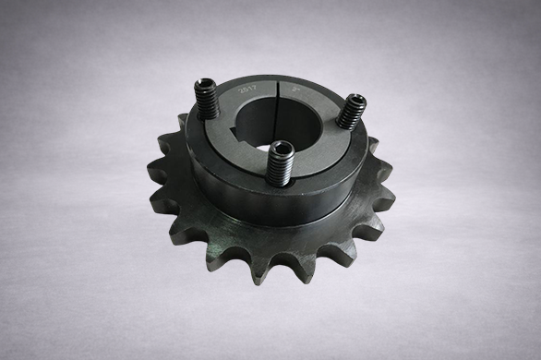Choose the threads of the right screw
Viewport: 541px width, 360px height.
coord(347,118)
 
